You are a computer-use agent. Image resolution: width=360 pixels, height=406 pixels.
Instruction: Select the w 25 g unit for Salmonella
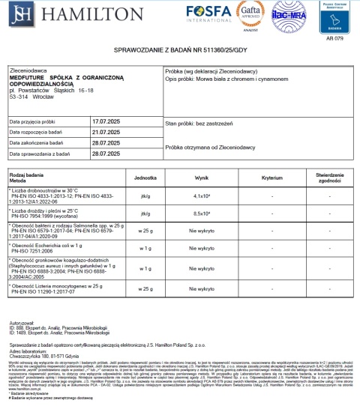point(144,231)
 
